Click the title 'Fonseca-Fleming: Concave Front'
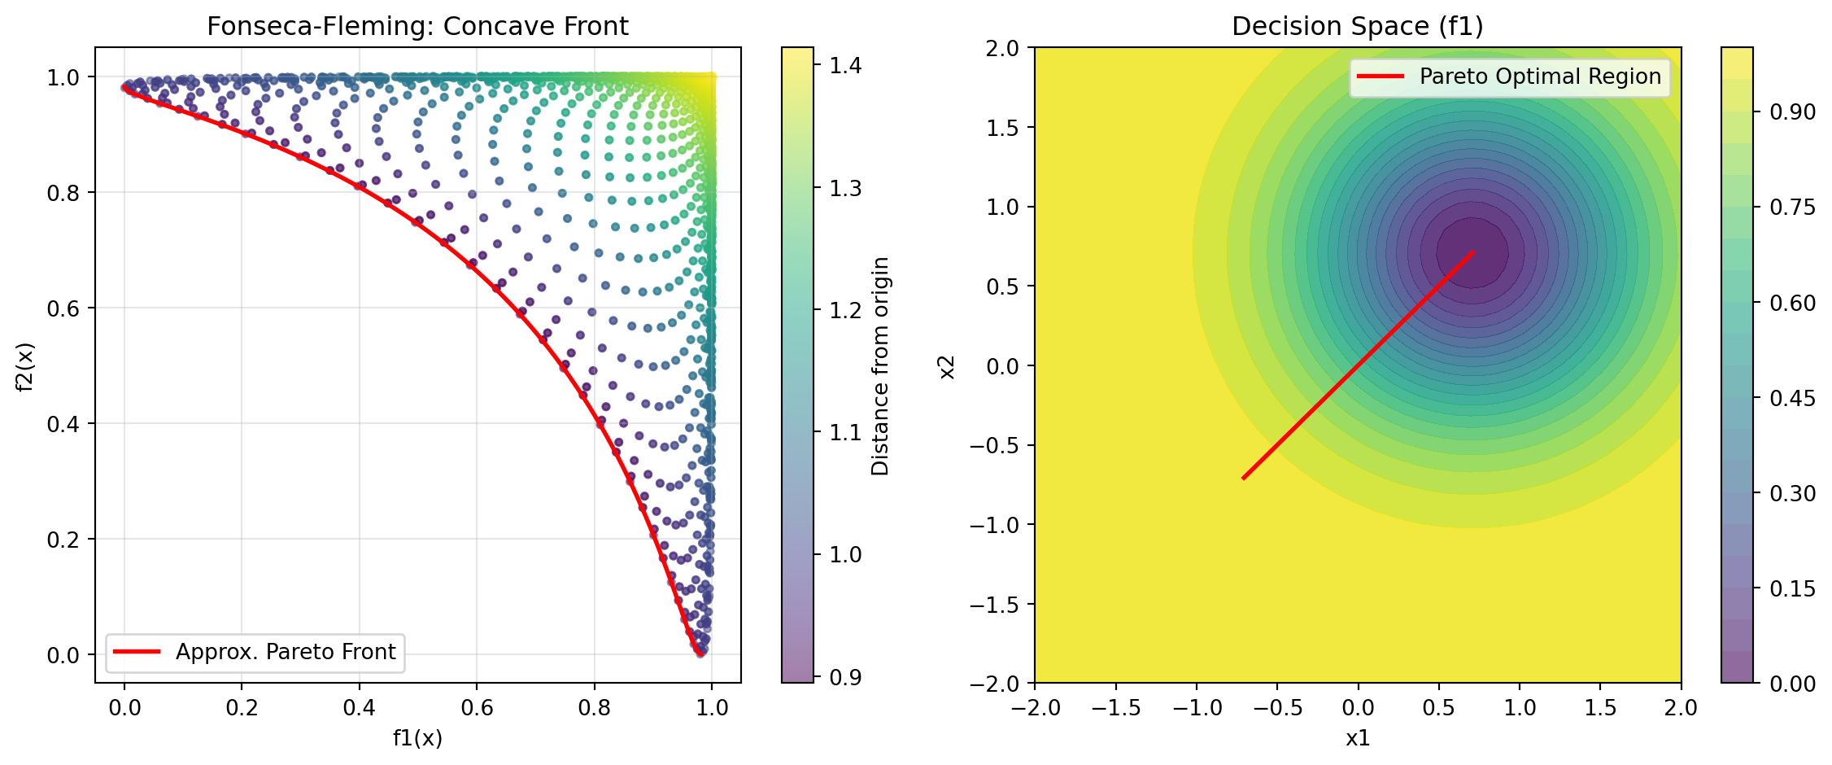[417, 26]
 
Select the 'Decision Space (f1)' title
[1357, 26]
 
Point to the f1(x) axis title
[417, 738]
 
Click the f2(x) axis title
[26, 366]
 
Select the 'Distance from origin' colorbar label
[880, 366]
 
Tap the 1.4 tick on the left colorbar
[845, 65]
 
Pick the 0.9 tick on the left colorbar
[845, 677]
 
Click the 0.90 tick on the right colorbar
[1792, 112]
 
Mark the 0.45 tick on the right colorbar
[1792, 398]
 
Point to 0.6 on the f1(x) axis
[477, 707]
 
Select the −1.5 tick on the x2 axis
[994, 604]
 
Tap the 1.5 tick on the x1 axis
[1600, 707]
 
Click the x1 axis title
[1357, 738]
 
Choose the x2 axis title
[947, 366]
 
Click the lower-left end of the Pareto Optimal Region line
[1244, 478]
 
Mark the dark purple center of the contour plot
[1472, 252]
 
